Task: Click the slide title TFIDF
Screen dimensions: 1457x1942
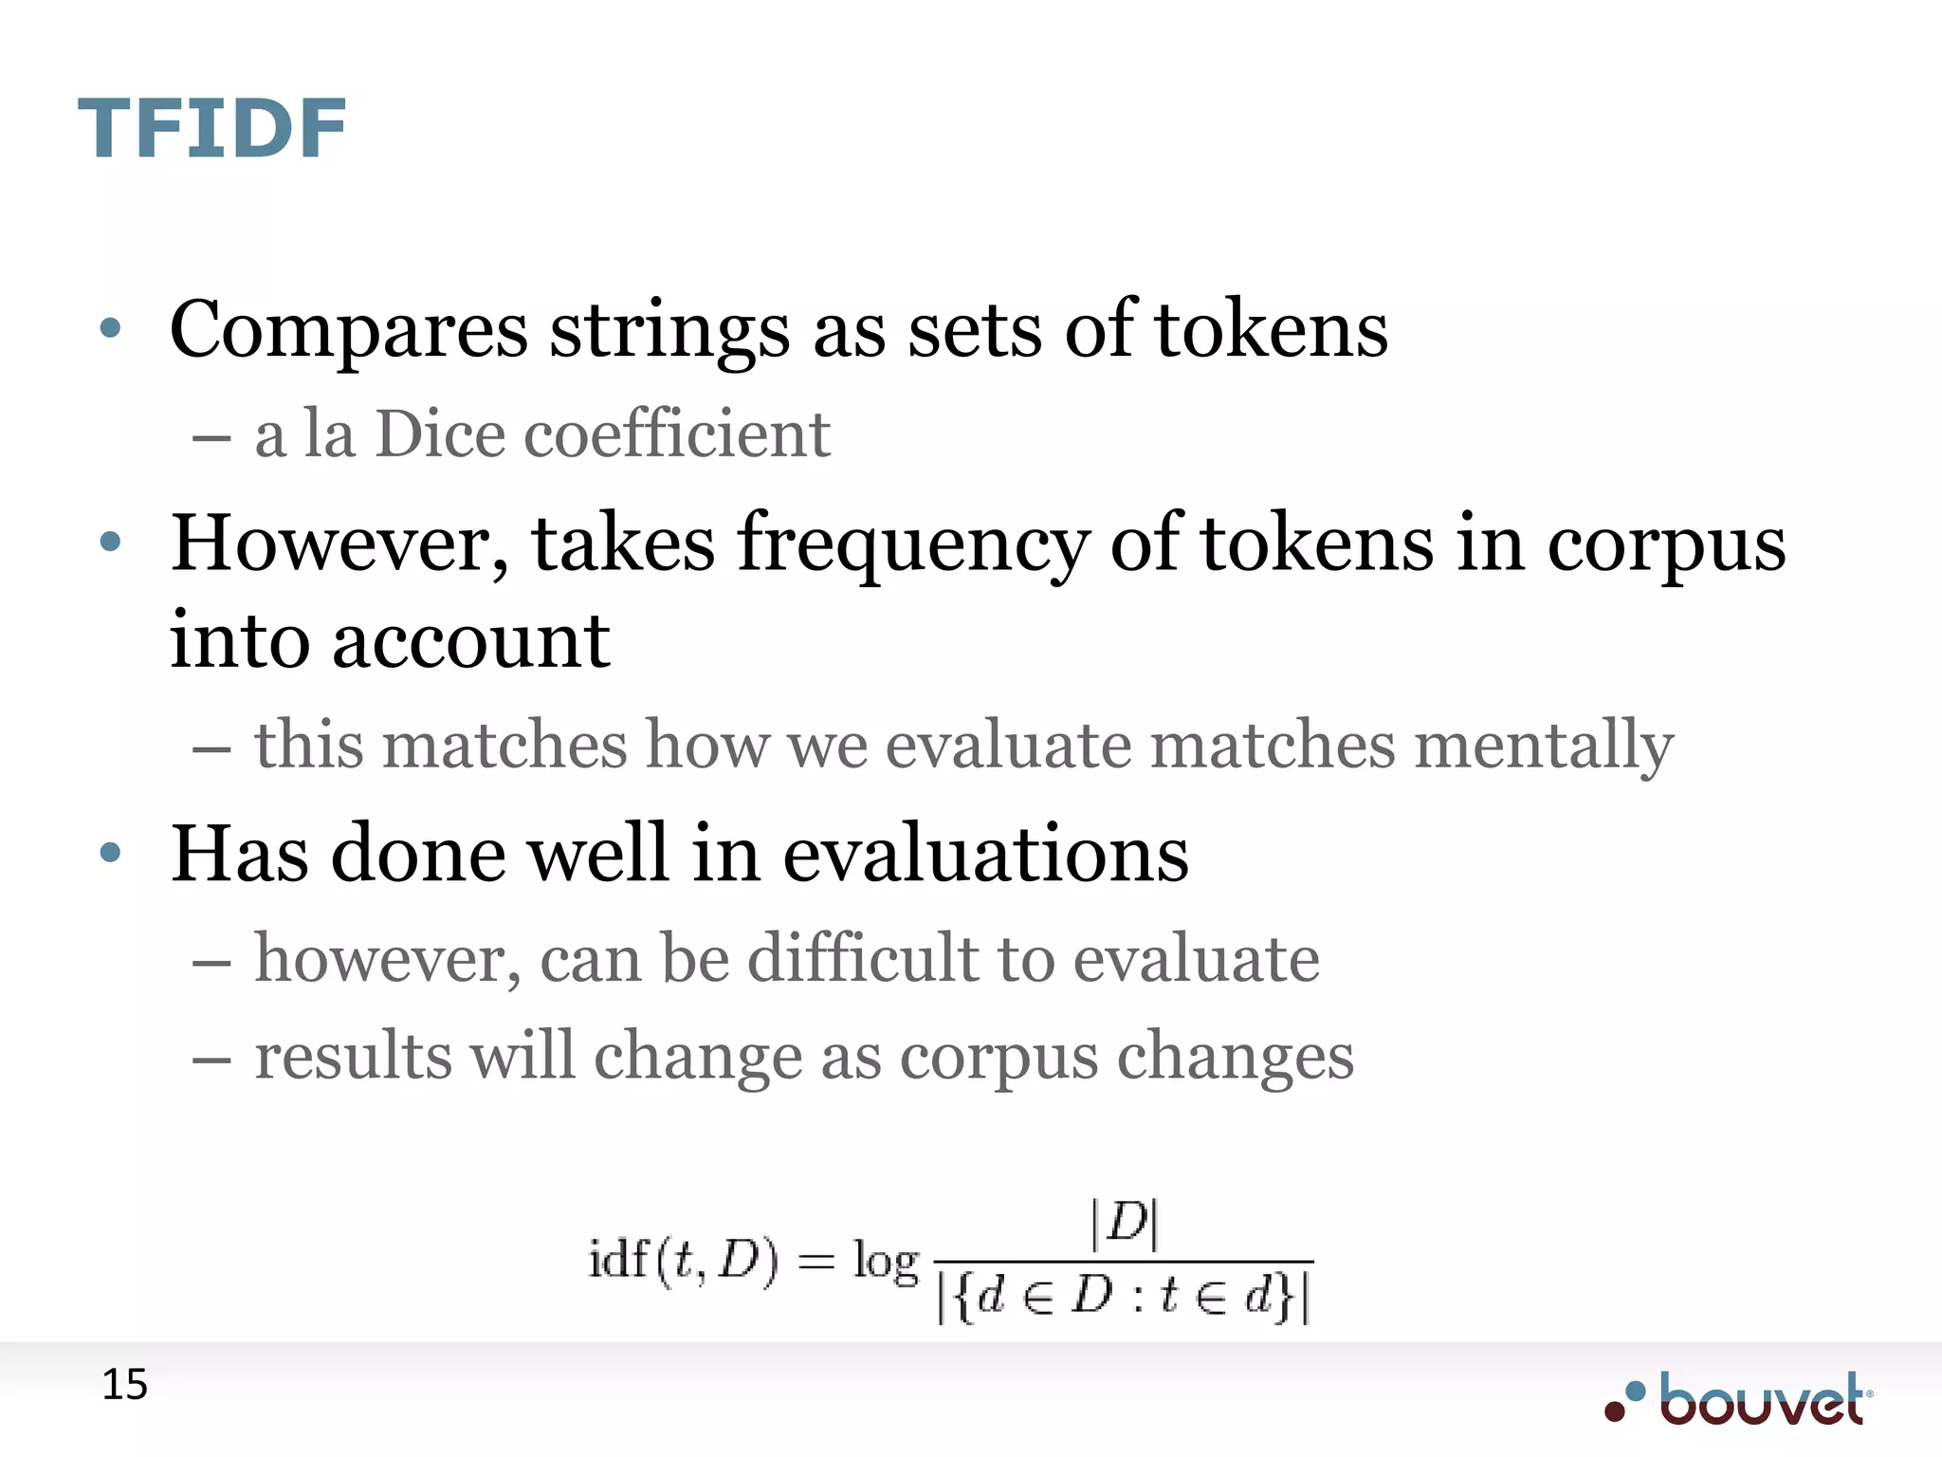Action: [x=211, y=129]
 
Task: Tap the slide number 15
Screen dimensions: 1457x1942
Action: [x=124, y=1386]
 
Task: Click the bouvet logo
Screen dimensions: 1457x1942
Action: [x=1739, y=1399]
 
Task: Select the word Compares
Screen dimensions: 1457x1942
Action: [x=348, y=331]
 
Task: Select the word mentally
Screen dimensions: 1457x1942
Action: [x=1544, y=746]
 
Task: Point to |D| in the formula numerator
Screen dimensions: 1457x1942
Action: [x=1125, y=1224]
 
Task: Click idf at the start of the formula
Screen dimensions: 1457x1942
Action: [x=618, y=1260]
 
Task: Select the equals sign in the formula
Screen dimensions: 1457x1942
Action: [x=815, y=1263]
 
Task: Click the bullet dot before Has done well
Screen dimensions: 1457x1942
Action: [x=110, y=853]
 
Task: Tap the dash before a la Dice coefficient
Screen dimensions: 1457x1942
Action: [x=211, y=439]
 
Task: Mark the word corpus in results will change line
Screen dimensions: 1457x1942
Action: [x=998, y=1057]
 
